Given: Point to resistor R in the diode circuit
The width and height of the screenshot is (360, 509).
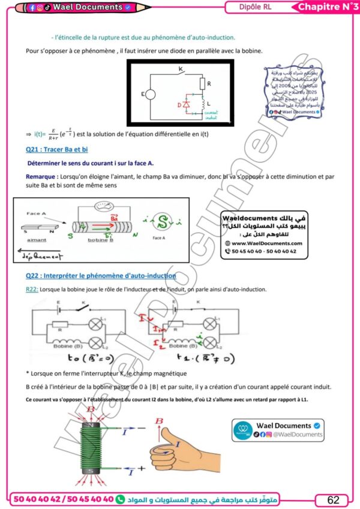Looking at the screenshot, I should (203, 83).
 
